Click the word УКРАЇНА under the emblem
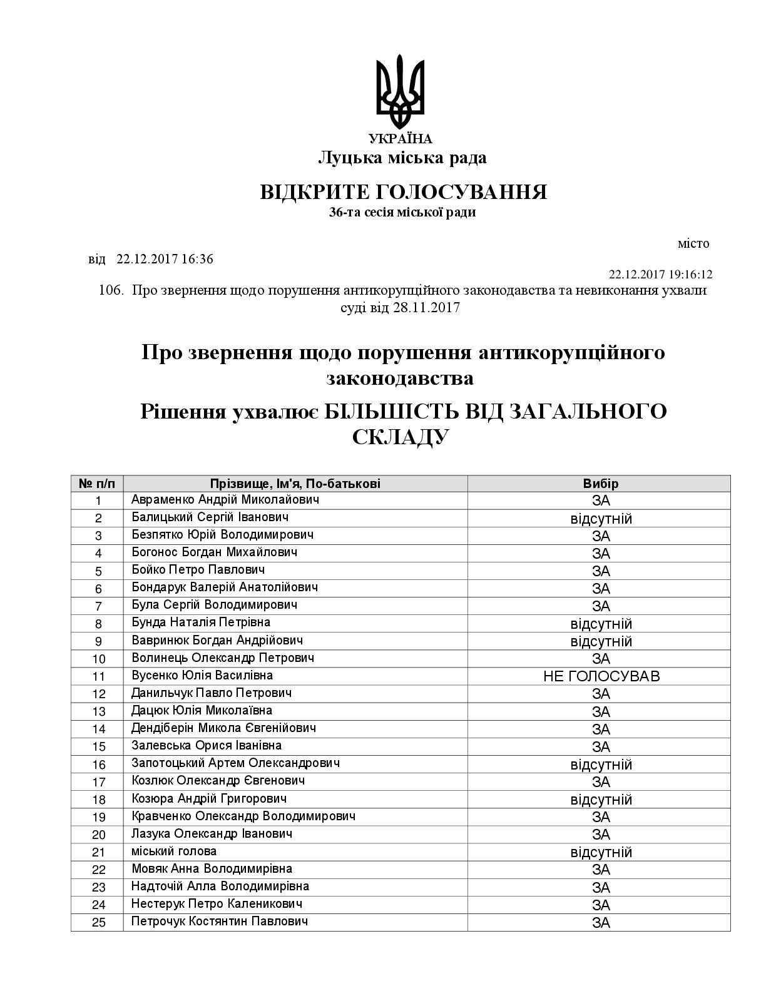coord(401,140)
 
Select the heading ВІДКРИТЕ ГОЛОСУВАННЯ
coord(403,192)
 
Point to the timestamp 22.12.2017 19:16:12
coord(660,275)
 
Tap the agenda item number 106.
coord(112,291)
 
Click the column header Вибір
coord(600,484)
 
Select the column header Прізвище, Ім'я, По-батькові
coord(295,484)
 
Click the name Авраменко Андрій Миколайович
coord(225,500)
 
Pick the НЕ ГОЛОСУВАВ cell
coord(601,676)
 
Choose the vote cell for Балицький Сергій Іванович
coord(601,519)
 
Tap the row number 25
coord(98,923)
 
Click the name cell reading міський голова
coord(174,851)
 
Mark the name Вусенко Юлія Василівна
coord(202,676)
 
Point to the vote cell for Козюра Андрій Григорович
coord(601,800)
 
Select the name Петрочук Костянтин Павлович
coord(220,922)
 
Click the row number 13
coord(98,711)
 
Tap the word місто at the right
coord(693,243)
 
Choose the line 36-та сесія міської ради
coord(402,213)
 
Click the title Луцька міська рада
coord(402,158)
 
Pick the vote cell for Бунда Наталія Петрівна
coord(601,624)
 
